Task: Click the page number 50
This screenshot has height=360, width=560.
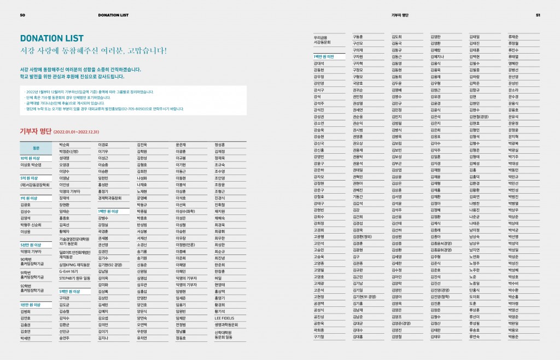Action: [22, 15]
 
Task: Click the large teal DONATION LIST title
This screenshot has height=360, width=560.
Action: [52, 38]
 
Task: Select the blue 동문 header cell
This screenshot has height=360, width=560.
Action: [36, 148]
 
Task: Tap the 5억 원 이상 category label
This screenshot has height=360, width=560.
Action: [30, 177]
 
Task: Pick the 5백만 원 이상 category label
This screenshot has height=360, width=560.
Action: [69, 292]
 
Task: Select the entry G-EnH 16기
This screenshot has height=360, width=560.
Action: [69, 271]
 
